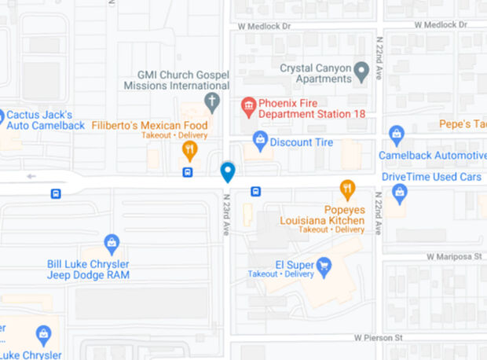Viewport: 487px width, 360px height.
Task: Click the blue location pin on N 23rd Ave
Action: pos(228,171)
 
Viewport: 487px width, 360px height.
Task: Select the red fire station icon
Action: pos(248,105)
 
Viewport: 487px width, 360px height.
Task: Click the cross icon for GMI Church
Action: pos(211,101)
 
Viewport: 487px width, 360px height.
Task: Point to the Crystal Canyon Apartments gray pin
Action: pos(361,73)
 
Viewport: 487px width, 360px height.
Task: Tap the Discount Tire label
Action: pos(301,142)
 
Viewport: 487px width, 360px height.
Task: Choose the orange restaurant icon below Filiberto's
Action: pos(189,149)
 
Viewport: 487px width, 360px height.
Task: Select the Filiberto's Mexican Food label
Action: pos(149,126)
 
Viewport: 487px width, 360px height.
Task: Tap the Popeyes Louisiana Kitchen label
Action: pos(322,215)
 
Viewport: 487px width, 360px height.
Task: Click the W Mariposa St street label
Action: pos(452,257)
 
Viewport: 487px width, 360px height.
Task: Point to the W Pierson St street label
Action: pos(373,338)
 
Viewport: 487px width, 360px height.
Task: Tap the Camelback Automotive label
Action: pos(432,156)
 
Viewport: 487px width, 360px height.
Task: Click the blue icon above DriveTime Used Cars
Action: pos(399,191)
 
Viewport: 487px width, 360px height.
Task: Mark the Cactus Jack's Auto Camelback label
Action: pos(44,119)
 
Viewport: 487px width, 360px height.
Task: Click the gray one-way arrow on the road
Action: pos(31,176)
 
